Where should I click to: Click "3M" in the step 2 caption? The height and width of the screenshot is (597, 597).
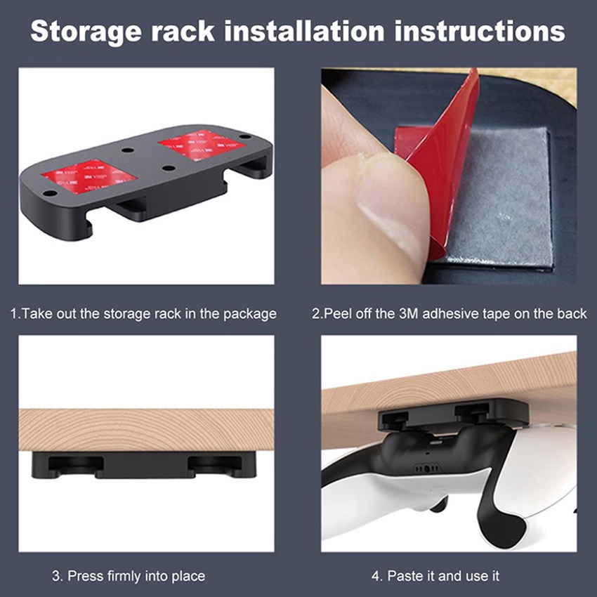[409, 313]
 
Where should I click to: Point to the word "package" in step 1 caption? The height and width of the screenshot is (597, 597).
[250, 315]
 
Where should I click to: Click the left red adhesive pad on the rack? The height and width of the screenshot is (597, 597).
[88, 176]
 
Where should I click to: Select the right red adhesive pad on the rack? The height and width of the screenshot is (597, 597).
[202, 145]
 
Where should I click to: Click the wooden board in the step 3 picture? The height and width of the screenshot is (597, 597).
[146, 431]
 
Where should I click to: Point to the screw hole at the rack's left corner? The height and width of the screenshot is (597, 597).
[50, 193]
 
